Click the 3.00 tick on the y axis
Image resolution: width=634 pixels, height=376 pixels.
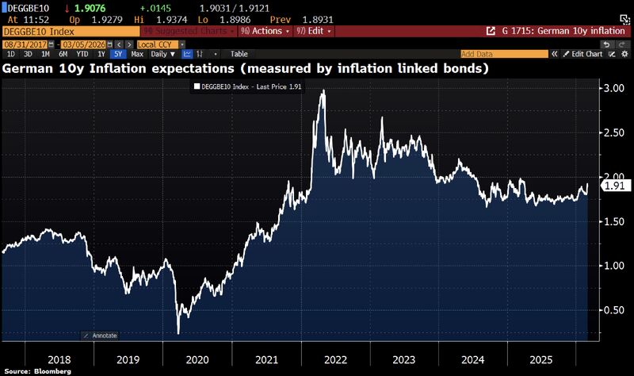(x=615, y=87)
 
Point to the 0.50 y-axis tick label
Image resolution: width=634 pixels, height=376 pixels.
(x=615, y=309)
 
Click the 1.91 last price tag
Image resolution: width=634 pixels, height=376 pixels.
(x=616, y=186)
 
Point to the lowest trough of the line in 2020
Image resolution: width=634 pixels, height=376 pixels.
(x=178, y=332)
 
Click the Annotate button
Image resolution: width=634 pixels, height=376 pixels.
(x=102, y=336)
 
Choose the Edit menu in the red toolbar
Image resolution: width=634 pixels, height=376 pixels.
(x=312, y=32)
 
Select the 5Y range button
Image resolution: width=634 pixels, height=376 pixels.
(x=118, y=54)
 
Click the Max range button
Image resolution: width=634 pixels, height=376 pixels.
(x=137, y=54)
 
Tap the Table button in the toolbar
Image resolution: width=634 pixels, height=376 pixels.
(x=239, y=54)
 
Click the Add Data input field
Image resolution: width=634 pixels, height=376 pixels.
(x=503, y=54)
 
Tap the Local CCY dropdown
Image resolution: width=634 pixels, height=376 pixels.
(x=157, y=44)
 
